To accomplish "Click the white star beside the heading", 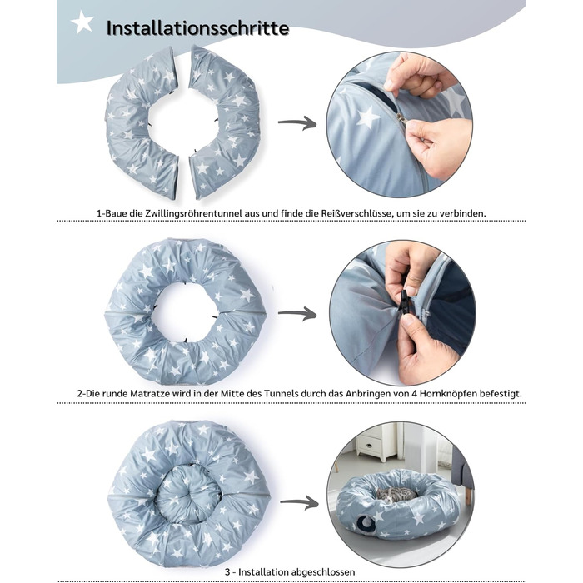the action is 82,22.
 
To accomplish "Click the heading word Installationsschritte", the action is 197,27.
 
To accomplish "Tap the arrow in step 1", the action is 297,122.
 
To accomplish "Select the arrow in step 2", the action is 297,314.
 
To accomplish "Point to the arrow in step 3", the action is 299,503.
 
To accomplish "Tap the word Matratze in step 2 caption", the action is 149,393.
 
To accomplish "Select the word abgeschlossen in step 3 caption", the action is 323,572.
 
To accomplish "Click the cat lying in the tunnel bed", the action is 396,494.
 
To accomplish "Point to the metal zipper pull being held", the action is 401,118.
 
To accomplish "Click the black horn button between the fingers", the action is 404,301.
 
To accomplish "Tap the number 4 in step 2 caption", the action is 415,393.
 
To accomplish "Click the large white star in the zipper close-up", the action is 368,117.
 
